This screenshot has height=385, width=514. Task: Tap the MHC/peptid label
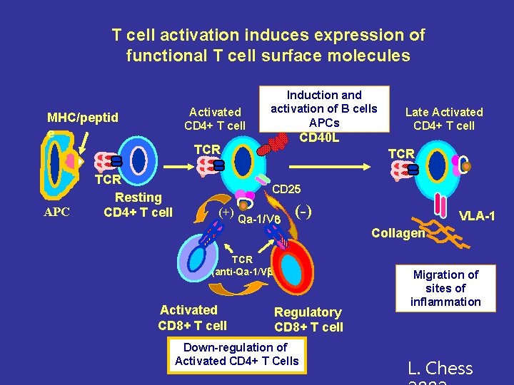82,117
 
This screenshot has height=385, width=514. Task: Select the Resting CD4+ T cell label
138,205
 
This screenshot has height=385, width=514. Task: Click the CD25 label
288,190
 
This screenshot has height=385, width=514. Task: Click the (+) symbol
226,212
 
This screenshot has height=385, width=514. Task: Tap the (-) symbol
303,212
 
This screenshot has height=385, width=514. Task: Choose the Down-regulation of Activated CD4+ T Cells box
237,354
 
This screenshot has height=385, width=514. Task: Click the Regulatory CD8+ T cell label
308,319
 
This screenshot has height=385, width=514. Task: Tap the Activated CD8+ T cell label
192,317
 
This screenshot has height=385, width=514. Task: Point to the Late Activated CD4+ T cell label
444,118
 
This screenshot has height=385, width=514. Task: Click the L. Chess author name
440,369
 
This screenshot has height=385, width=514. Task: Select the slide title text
268,45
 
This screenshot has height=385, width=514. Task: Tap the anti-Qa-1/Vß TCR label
243,265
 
